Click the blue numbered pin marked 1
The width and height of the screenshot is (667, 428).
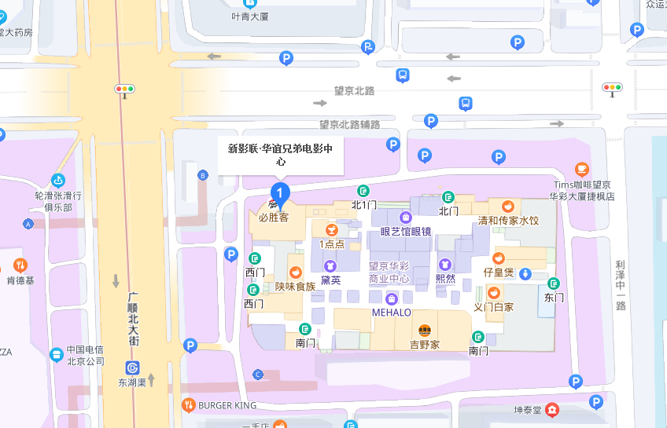278,192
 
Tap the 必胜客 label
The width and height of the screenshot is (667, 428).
274,218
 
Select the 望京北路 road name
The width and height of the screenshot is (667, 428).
354,91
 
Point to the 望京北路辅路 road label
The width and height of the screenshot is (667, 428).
349,124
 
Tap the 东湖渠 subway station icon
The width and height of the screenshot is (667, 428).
133,368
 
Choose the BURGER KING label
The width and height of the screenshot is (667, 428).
227,405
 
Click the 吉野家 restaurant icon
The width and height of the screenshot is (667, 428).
425,331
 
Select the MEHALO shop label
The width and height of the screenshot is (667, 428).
392,313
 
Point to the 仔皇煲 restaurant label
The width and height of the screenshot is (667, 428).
498,273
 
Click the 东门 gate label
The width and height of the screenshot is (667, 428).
554,298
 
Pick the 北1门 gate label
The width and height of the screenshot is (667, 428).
363,205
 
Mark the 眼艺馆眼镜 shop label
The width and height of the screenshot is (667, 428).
405,231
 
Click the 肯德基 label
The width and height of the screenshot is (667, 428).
20,280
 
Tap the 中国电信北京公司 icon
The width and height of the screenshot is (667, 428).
57,354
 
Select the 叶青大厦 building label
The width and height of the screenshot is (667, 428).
251,15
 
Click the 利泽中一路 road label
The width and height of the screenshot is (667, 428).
621,285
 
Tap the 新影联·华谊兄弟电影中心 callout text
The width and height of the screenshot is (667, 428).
280,155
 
